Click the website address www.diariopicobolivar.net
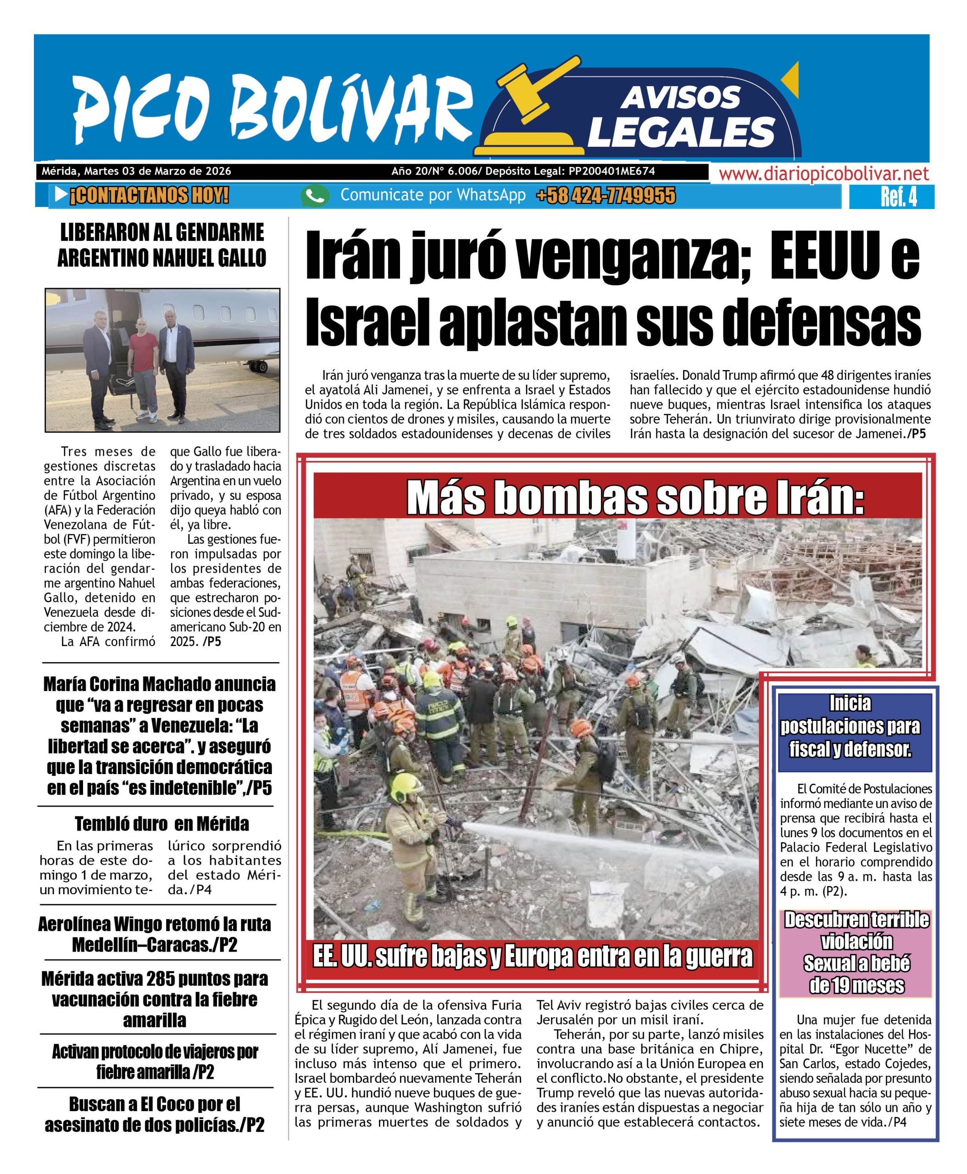point(824,174)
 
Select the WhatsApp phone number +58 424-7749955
point(606,195)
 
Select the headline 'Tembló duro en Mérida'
point(161,823)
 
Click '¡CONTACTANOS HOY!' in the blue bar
point(149,196)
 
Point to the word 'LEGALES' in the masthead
point(681,133)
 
